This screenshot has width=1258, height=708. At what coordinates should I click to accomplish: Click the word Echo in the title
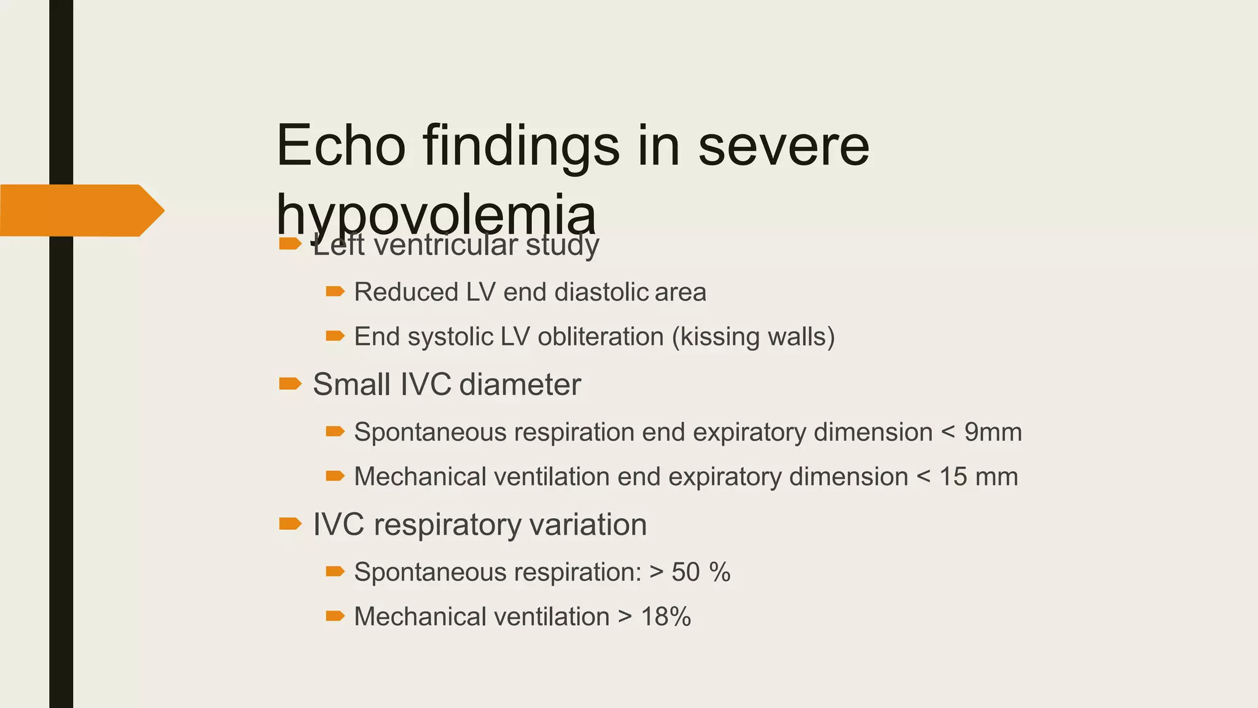pos(341,146)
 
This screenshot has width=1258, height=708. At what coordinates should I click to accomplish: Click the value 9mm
pos(993,432)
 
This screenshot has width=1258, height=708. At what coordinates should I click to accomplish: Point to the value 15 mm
pos(979,477)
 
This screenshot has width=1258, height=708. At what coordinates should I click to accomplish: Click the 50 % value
pos(701,572)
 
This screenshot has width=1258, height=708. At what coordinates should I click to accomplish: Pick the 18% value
pos(666,616)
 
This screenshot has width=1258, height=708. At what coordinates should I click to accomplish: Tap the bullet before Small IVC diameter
pos(290,385)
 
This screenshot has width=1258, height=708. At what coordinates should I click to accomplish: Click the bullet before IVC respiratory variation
pos(290,524)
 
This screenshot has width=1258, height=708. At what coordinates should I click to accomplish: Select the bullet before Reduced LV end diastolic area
pos(335,291)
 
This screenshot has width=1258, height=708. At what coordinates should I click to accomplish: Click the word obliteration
pos(601,337)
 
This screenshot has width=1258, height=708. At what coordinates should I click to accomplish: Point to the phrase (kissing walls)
pos(754,337)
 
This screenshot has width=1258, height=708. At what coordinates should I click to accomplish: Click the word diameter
pos(520,385)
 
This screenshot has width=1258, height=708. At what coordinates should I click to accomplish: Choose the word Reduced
pos(406,292)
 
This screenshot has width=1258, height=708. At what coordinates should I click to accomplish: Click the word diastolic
pos(601,292)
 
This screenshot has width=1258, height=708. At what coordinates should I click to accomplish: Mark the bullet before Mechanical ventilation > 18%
pos(335,616)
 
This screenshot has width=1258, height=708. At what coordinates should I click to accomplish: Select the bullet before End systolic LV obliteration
pos(335,336)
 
